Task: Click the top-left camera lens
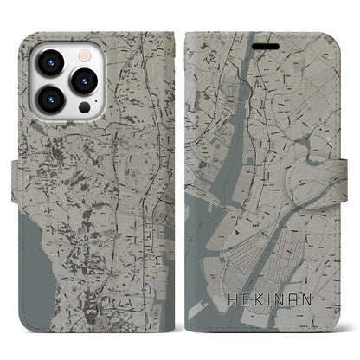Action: [47, 64]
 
